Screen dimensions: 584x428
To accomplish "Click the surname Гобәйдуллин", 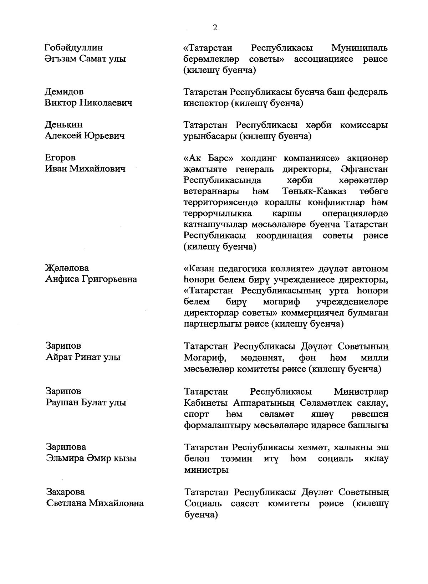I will tap(73, 47).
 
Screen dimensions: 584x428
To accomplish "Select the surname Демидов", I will tap(64, 92).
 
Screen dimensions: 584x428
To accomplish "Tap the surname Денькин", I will tap(63, 125).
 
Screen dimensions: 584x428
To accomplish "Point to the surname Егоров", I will tap(60, 158).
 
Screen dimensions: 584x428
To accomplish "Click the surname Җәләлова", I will tap(67, 268).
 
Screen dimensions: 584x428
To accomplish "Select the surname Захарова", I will tap(66, 492).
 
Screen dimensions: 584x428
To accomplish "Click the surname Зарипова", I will tap(66, 447).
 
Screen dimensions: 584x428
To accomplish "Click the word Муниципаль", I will tap(359, 48).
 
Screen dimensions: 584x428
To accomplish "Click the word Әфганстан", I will tap(364, 169).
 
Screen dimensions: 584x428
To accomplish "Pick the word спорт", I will tap(196, 414).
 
